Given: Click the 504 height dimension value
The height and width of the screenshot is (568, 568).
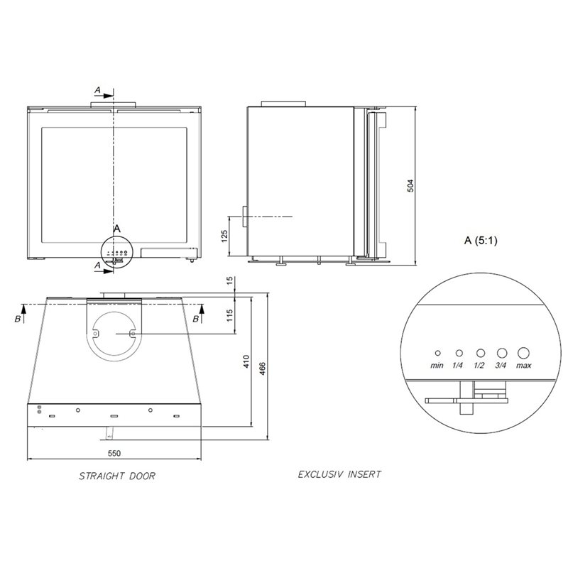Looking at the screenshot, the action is (x=410, y=185).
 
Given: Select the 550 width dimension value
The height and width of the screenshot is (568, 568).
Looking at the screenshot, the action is (x=114, y=453).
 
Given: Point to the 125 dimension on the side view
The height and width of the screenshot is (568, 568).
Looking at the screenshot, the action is (x=224, y=236).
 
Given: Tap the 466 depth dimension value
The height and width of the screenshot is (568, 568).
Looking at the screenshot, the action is (x=263, y=368).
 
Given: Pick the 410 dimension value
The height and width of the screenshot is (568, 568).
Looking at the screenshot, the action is (x=246, y=361).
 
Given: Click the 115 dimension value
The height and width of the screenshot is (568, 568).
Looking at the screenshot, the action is (x=229, y=315).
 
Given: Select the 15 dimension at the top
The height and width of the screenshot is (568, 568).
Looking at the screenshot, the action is (x=229, y=280).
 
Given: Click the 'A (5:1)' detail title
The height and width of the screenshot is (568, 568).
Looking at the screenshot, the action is (x=481, y=240).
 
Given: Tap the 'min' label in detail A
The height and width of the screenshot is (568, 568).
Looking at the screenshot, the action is (x=437, y=366).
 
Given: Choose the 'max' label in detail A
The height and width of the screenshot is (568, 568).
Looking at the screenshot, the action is (x=523, y=366).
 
